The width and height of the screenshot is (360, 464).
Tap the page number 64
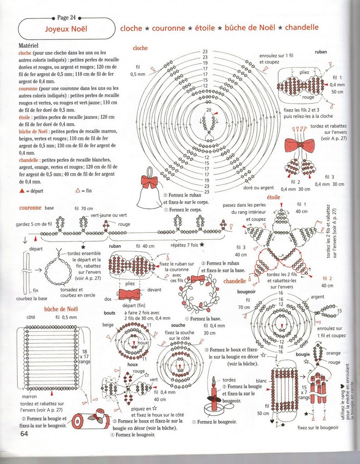24,433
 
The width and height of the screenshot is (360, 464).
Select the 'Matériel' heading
28,46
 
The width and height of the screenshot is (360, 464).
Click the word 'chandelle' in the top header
302,28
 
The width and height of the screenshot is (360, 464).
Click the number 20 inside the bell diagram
209,110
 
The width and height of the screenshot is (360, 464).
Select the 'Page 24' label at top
67,18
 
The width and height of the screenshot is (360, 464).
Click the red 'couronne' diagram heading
31,208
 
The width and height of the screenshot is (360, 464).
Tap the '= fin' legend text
86,191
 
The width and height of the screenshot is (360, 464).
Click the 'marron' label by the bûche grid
29,396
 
